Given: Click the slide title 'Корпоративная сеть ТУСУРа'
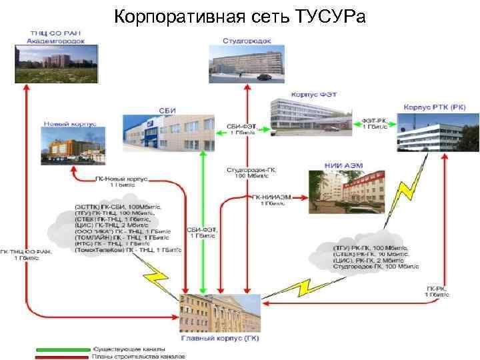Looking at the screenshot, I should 240,15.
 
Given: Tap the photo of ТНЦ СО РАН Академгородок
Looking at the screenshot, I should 57,65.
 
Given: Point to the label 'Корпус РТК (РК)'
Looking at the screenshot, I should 435,107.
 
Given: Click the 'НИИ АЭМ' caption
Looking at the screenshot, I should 337,164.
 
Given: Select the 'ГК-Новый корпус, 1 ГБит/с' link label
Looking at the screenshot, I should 121,183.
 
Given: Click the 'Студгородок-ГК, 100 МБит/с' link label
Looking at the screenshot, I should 251,173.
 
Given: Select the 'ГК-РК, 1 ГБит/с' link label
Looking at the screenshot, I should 439,291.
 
